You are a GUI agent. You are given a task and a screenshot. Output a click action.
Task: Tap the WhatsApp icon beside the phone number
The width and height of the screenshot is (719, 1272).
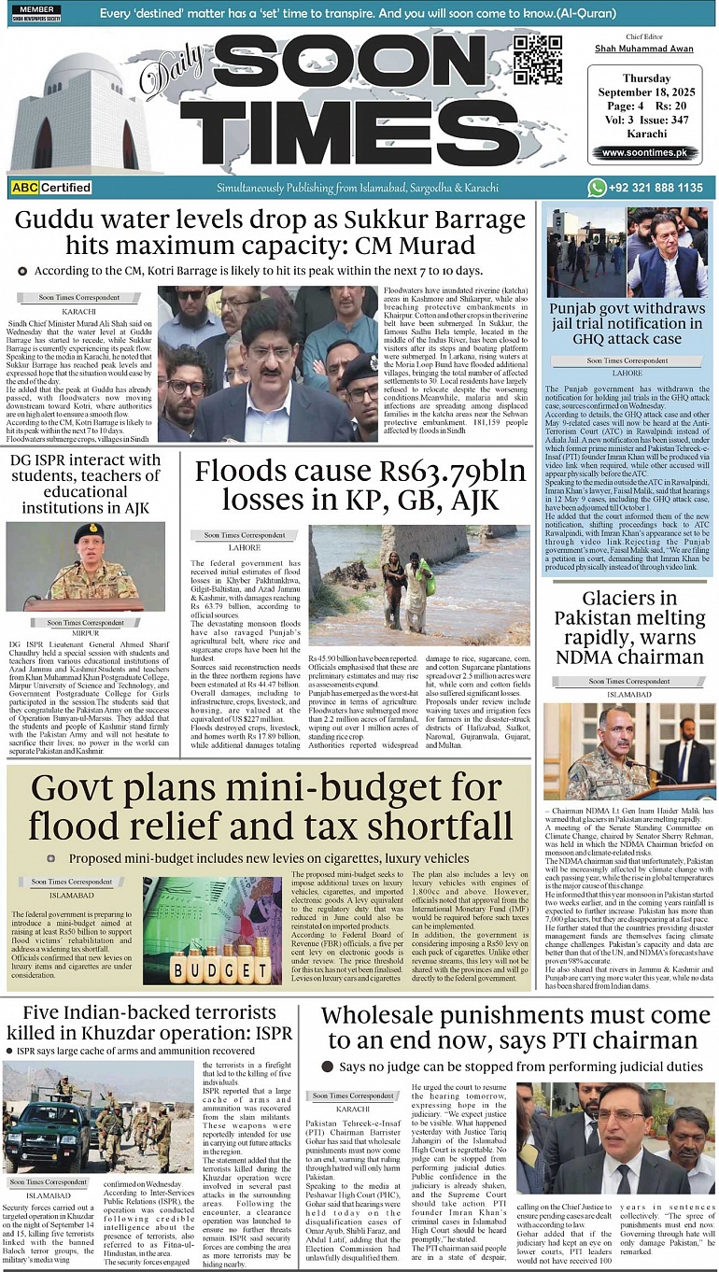pos(597,188)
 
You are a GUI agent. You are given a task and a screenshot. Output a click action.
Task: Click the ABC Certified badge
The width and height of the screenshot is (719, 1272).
pos(51,188)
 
